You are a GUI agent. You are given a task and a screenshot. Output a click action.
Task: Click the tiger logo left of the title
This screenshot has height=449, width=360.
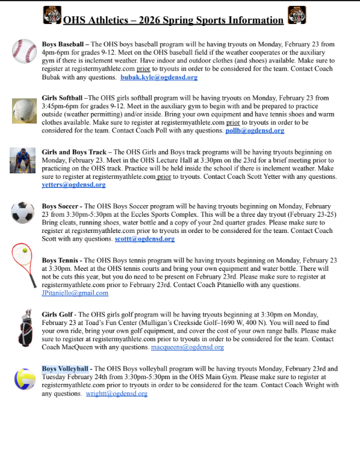point(52,14)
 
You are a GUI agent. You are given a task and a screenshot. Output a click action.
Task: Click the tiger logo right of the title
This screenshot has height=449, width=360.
point(296,14)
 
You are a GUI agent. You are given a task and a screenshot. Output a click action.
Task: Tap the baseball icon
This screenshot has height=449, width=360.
point(24,52)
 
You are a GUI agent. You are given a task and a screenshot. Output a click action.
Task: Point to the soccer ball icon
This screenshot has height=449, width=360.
point(23,212)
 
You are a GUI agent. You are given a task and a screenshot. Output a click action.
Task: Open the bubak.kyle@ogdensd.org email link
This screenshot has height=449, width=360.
point(159,78)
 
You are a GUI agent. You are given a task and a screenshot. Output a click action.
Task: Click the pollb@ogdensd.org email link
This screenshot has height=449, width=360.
point(255,130)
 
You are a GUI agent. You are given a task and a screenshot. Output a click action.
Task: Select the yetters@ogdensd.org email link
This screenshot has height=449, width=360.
point(65,185)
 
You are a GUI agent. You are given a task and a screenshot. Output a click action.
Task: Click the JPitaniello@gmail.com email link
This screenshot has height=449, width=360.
point(75,293)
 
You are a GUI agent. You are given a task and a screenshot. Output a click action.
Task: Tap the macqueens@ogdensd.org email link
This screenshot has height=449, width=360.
point(187,347)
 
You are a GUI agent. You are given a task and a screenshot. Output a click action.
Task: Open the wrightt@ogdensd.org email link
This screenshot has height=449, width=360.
point(116,394)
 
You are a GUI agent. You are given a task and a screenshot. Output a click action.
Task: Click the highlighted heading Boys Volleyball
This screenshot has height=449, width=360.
point(65,368)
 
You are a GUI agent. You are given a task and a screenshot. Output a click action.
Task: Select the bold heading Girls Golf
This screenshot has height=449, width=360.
point(58,314)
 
